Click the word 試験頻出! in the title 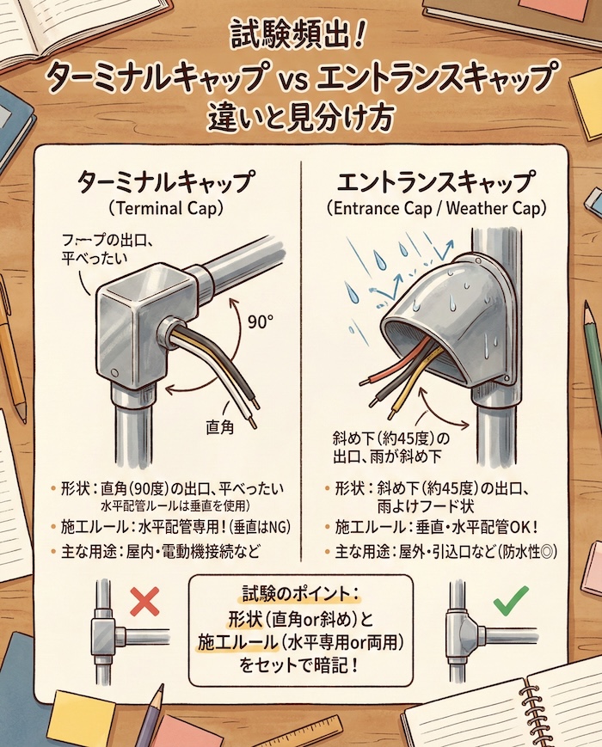tap(300, 40)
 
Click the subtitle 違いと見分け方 tap(300, 119)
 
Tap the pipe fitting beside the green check tap(464, 632)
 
